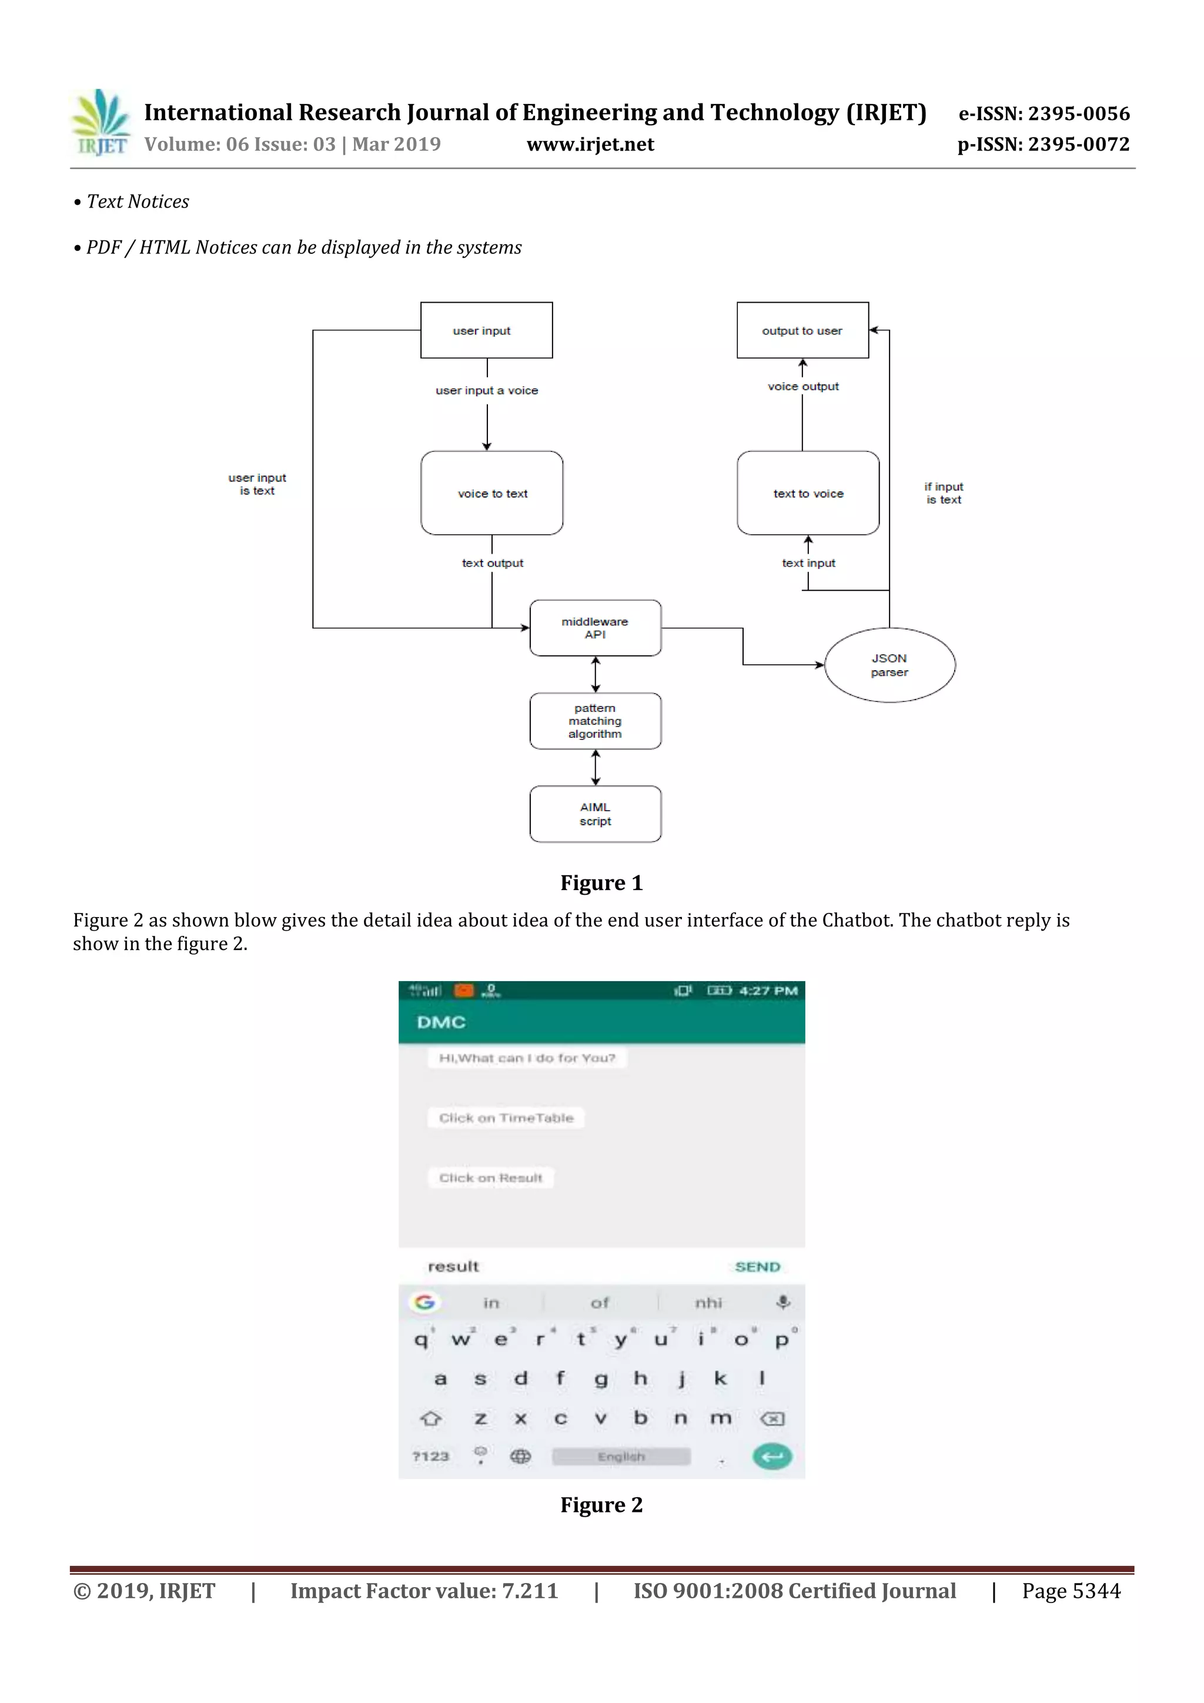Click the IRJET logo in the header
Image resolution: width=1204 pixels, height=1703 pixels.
tap(100, 123)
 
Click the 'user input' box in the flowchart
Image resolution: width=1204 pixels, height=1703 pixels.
tap(486, 330)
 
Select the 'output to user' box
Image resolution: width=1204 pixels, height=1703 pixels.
tap(802, 330)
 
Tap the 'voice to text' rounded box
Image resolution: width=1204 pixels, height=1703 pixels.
tap(492, 493)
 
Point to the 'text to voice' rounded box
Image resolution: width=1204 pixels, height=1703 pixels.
tap(808, 493)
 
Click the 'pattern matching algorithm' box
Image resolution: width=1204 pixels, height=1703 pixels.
tap(595, 721)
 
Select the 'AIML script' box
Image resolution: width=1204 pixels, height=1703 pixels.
tap(595, 814)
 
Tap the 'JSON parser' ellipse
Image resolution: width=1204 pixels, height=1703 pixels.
tap(889, 665)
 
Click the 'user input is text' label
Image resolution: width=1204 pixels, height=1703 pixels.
tap(257, 484)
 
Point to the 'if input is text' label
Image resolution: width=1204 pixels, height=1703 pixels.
tap(943, 493)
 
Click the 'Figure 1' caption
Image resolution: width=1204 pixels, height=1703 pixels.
tap(601, 882)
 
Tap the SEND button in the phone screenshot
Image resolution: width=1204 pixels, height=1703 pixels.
tap(757, 1267)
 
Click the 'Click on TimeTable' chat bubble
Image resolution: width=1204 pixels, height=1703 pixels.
tap(506, 1118)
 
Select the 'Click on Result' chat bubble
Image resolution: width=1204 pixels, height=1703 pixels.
tap(490, 1178)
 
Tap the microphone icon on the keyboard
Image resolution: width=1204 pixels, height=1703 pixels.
tap(782, 1303)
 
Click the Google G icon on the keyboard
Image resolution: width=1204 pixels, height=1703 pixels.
tap(424, 1303)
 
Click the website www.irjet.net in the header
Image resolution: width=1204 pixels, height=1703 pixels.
tap(590, 144)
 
